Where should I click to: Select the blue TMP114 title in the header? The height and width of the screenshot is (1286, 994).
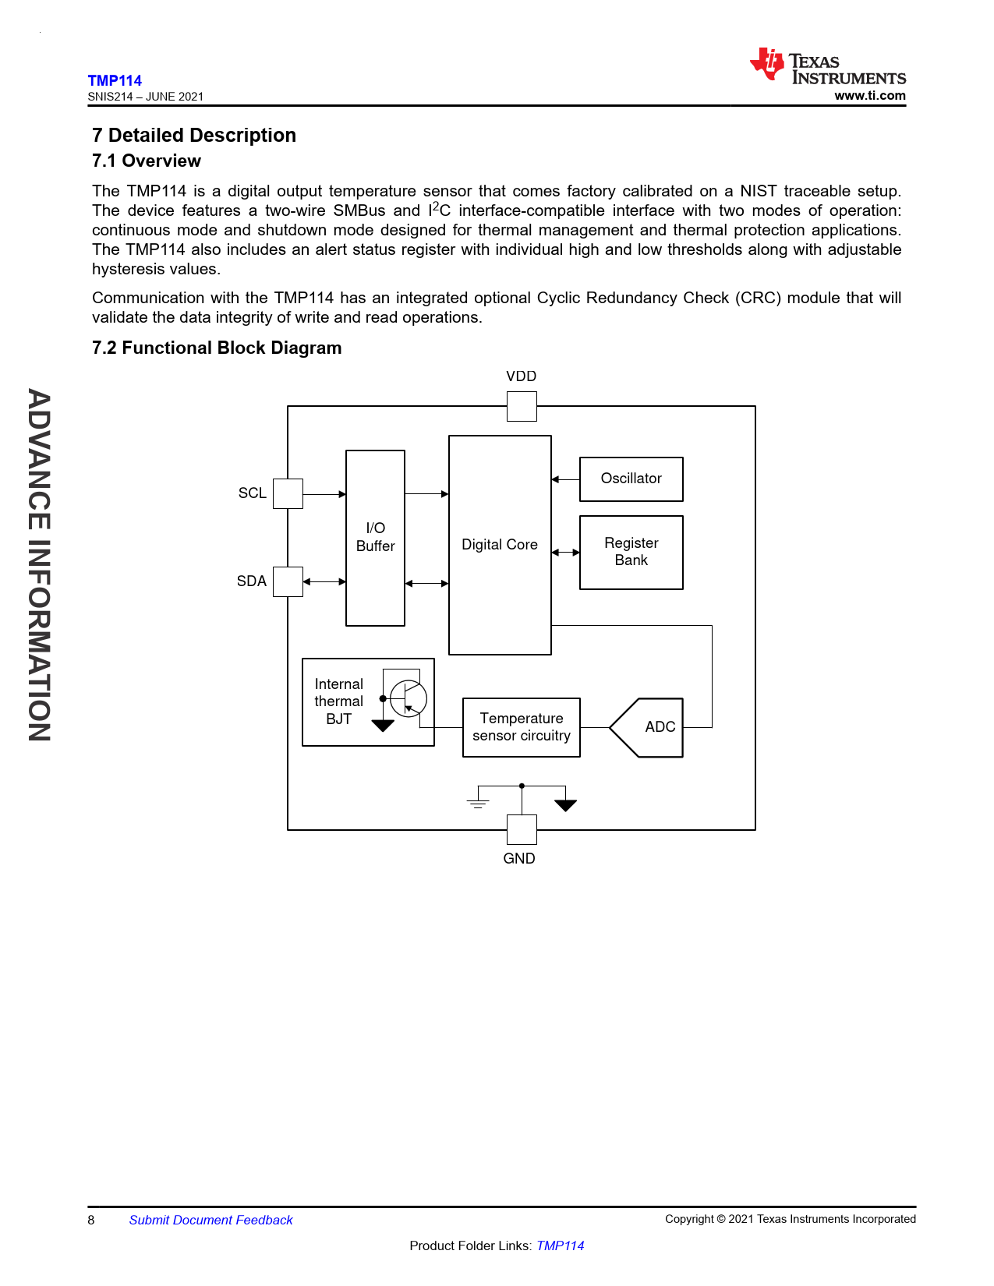(115, 80)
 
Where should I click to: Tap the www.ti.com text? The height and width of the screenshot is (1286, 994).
(870, 95)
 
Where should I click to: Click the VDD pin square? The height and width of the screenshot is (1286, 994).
(522, 406)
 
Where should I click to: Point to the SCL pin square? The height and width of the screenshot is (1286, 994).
(288, 493)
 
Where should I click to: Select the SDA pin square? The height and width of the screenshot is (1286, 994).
(288, 581)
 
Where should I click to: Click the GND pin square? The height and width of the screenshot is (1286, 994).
(522, 829)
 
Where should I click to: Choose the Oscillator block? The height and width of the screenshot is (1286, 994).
(631, 479)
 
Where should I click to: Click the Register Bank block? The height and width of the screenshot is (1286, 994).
(631, 552)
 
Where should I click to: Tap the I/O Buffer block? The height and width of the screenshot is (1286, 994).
(375, 538)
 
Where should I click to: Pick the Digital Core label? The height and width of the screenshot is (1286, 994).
(500, 545)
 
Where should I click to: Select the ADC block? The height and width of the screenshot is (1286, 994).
(646, 727)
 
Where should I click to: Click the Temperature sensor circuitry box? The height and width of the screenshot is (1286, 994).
(521, 727)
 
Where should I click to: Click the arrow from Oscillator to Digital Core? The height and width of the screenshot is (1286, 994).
(565, 479)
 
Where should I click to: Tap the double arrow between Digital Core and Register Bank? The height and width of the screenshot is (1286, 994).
(565, 552)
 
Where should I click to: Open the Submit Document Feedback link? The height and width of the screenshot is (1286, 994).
(210, 1220)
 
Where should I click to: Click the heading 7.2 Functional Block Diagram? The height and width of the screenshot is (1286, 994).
(217, 348)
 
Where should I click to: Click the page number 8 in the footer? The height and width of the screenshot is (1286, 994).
(91, 1220)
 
